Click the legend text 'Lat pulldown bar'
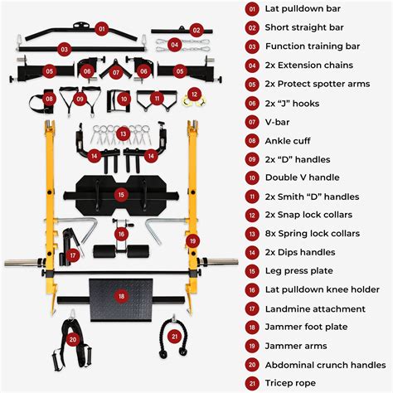(x=303, y=9)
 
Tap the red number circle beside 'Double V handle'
(x=252, y=177)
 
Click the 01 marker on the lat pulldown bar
(x=102, y=28)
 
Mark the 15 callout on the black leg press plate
(x=121, y=195)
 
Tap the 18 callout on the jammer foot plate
(x=121, y=294)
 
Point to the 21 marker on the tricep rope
(x=174, y=336)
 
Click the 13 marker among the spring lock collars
(x=123, y=133)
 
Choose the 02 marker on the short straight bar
(x=196, y=30)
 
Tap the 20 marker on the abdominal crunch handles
(x=74, y=338)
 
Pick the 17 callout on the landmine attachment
(x=73, y=256)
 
